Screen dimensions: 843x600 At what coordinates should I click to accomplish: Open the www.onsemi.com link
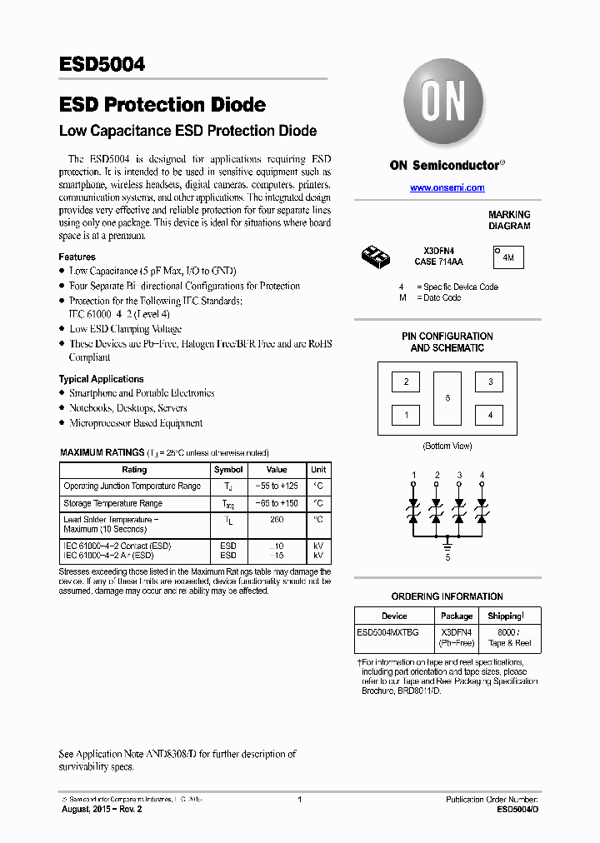click(x=447, y=188)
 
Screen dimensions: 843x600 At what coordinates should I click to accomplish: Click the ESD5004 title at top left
click(x=102, y=65)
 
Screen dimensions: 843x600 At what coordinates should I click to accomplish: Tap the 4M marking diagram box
click(x=507, y=258)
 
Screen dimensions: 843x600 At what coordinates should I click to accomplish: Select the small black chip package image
click(x=377, y=256)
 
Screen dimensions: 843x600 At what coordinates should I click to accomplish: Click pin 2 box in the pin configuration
click(x=406, y=382)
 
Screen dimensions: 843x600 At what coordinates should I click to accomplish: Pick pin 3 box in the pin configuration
click(x=489, y=382)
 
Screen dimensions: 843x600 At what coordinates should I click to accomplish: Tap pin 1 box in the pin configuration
click(x=406, y=414)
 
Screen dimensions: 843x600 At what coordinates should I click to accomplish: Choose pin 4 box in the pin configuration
click(x=489, y=414)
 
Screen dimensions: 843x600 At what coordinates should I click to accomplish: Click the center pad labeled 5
click(x=447, y=398)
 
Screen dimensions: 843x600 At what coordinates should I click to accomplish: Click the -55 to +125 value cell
click(x=277, y=486)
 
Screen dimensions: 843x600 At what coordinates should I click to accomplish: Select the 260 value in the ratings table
click(x=277, y=520)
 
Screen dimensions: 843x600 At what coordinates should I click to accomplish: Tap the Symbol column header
click(x=228, y=470)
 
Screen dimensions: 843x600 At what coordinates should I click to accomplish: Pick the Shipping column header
click(x=506, y=616)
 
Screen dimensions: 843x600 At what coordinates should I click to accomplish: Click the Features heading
click(x=77, y=257)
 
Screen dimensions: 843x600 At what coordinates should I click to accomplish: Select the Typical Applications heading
click(x=101, y=379)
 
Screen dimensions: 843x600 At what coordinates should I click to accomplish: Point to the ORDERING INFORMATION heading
click(x=447, y=596)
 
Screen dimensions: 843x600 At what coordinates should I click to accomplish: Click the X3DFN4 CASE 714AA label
click(x=439, y=256)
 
